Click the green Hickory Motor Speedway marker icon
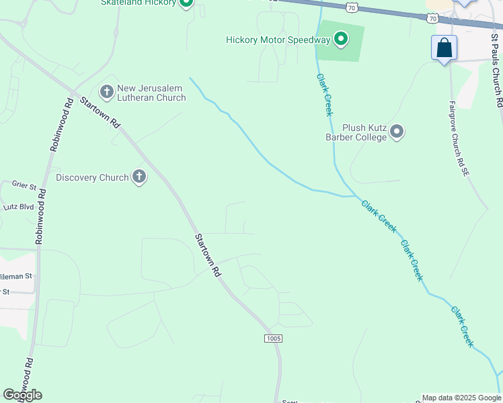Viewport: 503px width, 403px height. tap(341, 40)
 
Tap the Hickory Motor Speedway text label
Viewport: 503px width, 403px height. tap(278, 40)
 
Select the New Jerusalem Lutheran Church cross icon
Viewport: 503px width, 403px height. tap(106, 91)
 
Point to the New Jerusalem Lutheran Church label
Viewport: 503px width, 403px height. tap(151, 93)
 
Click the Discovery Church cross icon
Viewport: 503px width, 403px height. tap(139, 177)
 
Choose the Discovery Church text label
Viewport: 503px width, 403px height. tap(92, 177)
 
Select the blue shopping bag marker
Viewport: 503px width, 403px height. tap(444, 48)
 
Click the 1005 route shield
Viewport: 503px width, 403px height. tap(273, 339)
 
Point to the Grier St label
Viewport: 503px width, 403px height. tap(23, 183)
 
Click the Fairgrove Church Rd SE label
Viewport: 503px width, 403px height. tap(458, 140)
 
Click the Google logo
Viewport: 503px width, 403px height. tap(22, 395)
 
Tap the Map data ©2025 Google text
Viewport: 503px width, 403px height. tap(461, 398)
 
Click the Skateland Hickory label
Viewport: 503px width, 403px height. tap(138, 3)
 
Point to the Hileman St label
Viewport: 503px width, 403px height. tap(18, 275)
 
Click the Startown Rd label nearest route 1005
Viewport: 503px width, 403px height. tap(208, 255)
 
